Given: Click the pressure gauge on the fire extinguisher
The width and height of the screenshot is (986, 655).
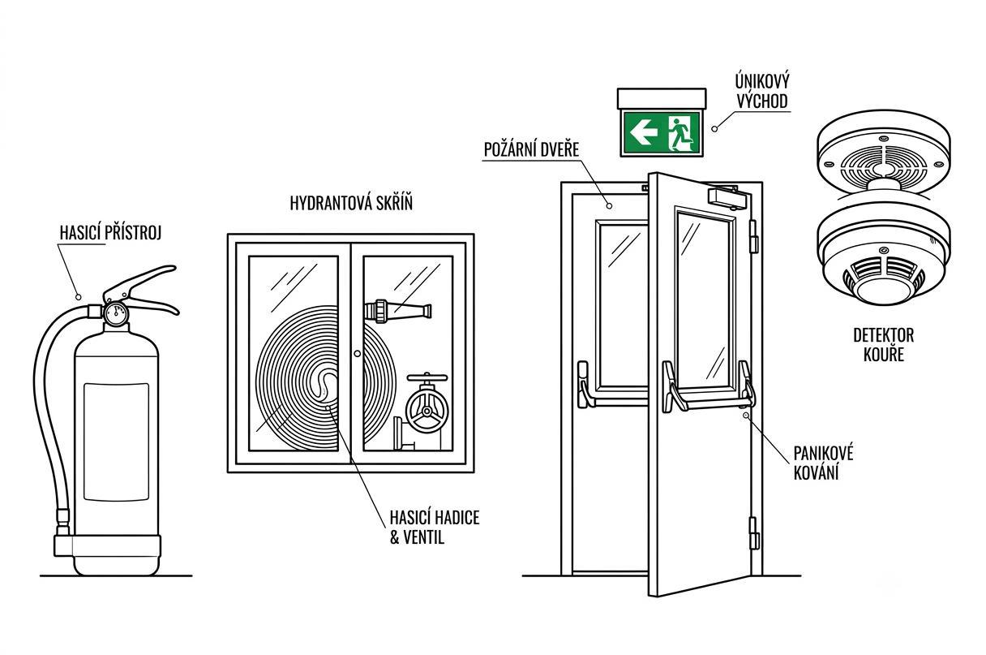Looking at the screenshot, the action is click(x=116, y=312).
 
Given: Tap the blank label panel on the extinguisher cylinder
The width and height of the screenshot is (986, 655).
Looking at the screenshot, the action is click(x=116, y=442).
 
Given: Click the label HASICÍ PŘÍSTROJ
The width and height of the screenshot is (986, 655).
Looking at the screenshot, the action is click(x=110, y=233).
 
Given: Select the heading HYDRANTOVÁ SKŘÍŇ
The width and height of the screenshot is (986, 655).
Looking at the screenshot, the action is click(x=351, y=203).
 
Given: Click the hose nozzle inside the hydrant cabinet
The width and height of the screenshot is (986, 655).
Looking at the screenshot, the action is click(x=398, y=311).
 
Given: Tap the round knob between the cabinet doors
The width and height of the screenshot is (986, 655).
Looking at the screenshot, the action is click(x=357, y=353).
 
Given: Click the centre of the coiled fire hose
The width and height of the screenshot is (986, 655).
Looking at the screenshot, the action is click(x=328, y=382).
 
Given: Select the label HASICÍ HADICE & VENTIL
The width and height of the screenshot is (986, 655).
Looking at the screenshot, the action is click(x=435, y=528).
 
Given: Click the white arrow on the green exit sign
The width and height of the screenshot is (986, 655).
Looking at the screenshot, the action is click(x=644, y=132).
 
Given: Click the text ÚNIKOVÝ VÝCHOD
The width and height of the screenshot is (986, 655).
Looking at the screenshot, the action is click(x=762, y=91).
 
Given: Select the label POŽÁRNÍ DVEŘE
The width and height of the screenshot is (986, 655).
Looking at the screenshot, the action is click(x=531, y=150).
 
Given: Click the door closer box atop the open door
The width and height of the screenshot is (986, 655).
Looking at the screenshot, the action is click(x=729, y=197).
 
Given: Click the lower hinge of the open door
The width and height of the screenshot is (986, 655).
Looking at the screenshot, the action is click(x=753, y=533).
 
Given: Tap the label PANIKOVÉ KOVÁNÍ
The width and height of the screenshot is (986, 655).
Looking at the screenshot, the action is click(x=823, y=463).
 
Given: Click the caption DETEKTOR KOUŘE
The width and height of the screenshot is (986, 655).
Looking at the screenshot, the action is click(x=884, y=345).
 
